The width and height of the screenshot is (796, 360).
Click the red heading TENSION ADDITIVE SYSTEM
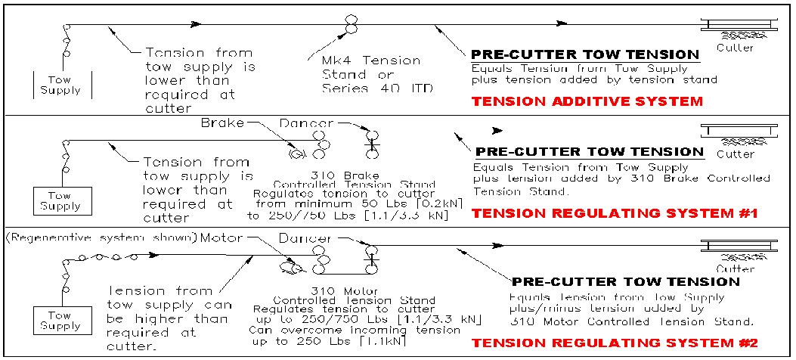click(x=587, y=101)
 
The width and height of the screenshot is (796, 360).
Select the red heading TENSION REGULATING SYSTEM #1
click(x=615, y=214)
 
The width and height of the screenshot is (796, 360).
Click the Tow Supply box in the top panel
click(x=64, y=85)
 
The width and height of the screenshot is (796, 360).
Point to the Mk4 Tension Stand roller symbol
click(x=351, y=24)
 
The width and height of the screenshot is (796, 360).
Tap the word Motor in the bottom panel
click(x=222, y=239)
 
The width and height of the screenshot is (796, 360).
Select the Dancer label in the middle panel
click(x=306, y=123)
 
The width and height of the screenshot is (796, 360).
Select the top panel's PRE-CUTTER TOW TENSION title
click(x=584, y=54)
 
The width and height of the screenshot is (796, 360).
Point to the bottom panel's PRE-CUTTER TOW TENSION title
click(x=626, y=281)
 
